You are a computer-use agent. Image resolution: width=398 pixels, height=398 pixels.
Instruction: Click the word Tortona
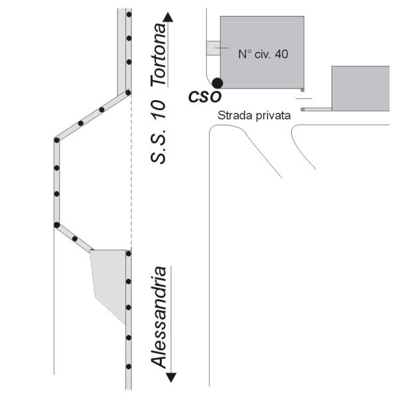click(159, 54)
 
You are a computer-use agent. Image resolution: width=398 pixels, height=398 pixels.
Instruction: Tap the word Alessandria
click(159, 317)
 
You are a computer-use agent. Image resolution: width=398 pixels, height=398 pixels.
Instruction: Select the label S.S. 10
click(158, 131)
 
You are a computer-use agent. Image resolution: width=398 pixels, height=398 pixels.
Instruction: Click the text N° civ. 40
click(263, 54)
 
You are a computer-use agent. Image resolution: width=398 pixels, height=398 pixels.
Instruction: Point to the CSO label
click(204, 97)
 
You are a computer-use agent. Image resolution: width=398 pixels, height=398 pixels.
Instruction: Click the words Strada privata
click(254, 115)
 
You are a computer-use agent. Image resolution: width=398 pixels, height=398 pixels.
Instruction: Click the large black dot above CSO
click(218, 83)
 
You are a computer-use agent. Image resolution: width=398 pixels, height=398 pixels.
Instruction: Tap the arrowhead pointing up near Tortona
click(168, 17)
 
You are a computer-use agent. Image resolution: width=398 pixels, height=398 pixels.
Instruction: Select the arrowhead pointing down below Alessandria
click(171, 377)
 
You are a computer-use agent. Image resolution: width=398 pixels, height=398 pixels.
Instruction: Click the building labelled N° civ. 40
click(262, 52)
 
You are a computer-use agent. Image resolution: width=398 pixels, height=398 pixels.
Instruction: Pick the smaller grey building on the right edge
click(361, 88)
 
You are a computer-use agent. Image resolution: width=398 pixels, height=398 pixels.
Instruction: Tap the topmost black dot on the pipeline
click(129, 15)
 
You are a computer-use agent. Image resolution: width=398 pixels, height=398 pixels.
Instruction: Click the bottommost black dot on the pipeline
click(129, 367)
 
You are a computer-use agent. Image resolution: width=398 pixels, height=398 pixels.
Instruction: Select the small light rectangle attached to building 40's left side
click(213, 48)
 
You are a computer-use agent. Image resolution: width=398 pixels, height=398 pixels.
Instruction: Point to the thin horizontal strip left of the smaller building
click(316, 109)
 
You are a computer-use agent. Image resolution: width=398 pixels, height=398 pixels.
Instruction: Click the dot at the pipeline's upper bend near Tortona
click(128, 93)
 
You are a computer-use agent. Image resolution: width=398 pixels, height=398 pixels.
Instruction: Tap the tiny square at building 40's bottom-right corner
click(302, 90)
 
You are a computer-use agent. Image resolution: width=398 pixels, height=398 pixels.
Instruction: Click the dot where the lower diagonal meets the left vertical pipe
click(57, 225)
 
